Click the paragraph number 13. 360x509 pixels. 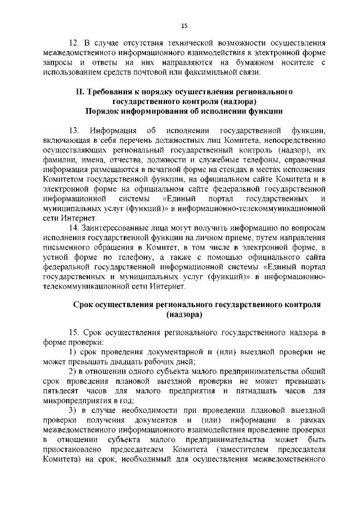click(74, 130)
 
